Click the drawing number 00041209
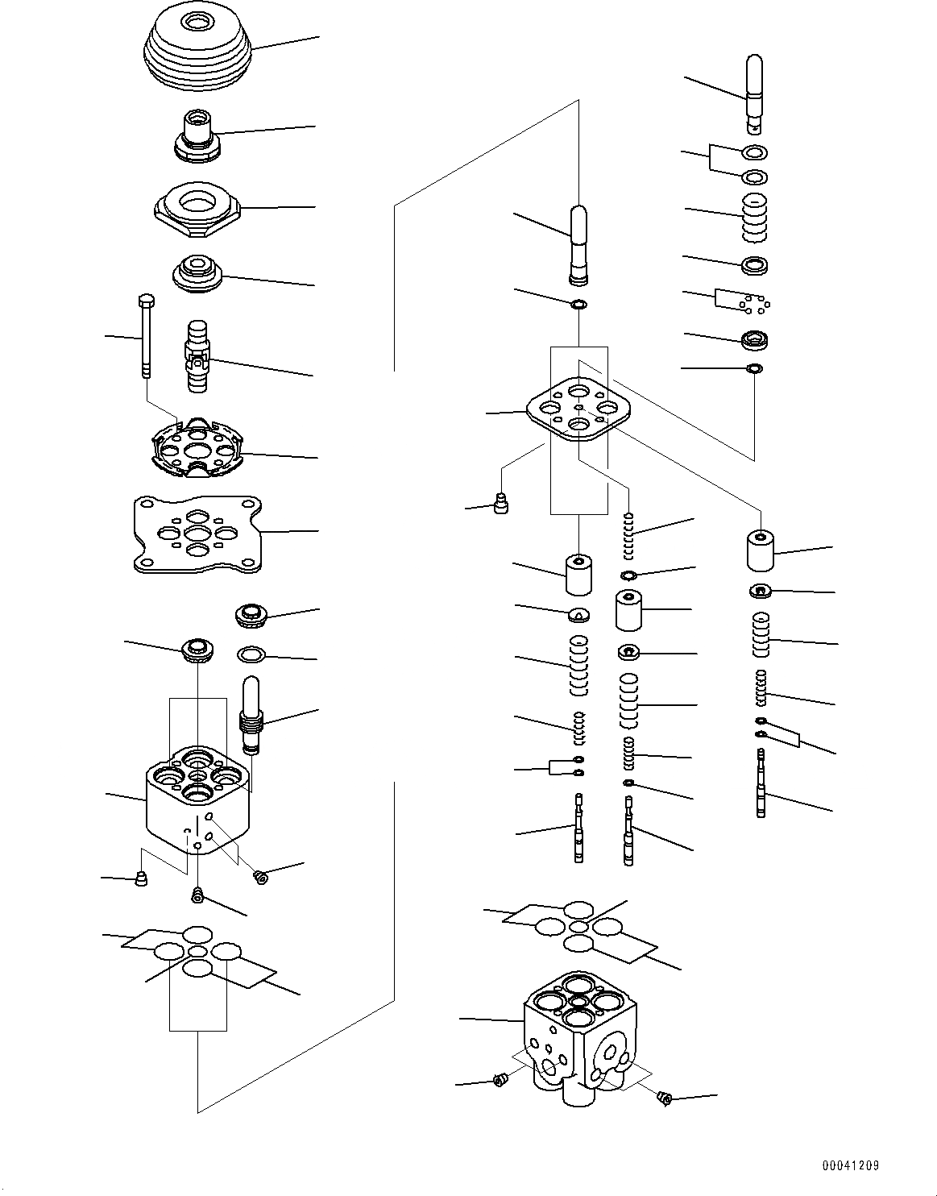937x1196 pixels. point(850,1165)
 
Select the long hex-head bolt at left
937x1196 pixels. point(146,335)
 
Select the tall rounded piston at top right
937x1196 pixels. point(755,92)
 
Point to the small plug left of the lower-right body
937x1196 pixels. point(498,1080)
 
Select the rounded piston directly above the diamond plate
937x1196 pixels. point(578,245)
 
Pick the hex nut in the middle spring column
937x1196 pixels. point(629,651)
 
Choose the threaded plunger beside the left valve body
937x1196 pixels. point(252,714)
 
